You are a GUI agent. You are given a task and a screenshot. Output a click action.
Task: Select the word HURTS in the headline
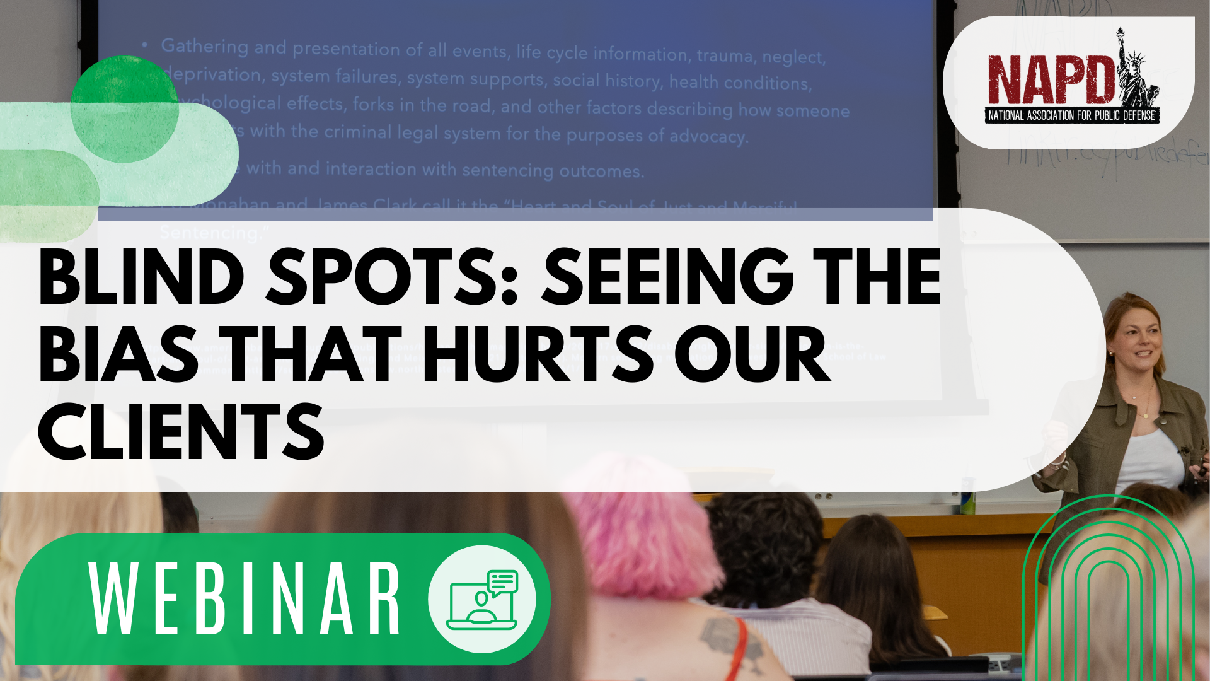coord(538,355)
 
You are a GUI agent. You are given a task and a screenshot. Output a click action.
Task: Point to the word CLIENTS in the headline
coord(181,433)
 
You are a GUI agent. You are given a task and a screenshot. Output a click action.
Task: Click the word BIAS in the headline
coord(119,355)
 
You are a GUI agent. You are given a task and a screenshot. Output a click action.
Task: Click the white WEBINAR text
coord(245,599)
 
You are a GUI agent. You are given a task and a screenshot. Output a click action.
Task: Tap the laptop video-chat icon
coord(483,600)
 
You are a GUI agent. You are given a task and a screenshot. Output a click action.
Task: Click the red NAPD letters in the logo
coord(1050,80)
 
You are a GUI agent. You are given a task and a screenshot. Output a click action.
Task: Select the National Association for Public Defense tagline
coord(1071,115)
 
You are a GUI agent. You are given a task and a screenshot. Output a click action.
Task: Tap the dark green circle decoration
coord(124,109)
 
